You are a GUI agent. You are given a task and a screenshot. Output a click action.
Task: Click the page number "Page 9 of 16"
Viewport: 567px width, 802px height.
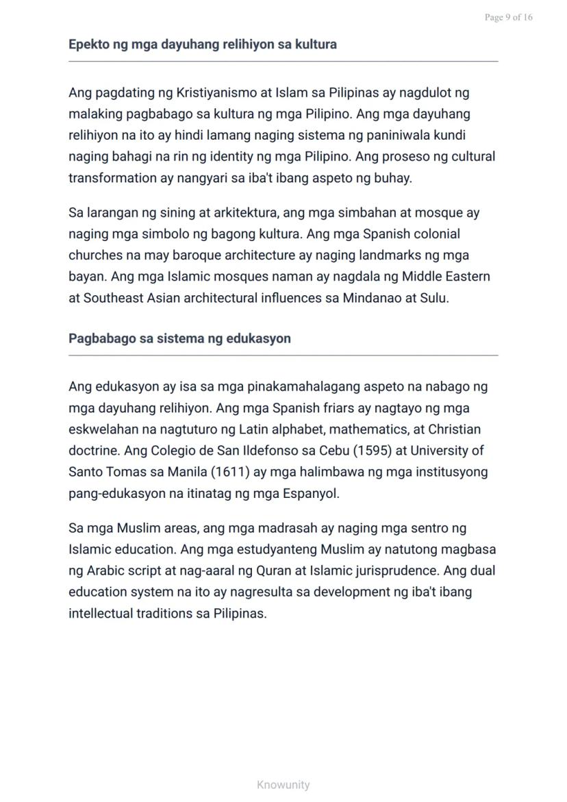point(508,17)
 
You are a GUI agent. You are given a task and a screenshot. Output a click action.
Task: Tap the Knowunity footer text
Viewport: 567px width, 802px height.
point(283,785)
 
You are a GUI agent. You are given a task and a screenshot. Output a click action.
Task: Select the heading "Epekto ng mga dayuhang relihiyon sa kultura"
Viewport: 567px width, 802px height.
point(202,45)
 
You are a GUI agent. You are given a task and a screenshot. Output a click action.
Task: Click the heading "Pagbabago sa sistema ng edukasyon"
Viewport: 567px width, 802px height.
point(179,338)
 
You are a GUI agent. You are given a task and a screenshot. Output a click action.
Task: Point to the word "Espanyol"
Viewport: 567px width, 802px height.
point(311,494)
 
